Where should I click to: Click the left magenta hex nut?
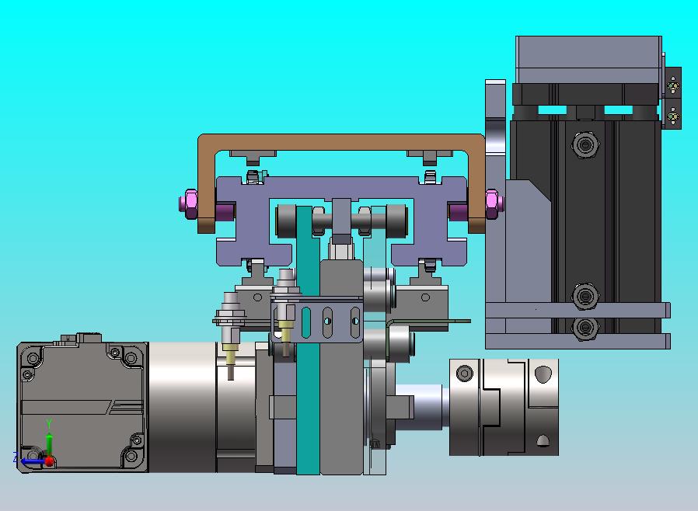coord(190,204)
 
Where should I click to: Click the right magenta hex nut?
coord(492,204)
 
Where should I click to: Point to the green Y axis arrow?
coord(50,443)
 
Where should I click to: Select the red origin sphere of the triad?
coord(50,461)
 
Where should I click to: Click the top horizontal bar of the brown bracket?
coord(341,142)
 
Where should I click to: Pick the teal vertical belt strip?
coord(308,340)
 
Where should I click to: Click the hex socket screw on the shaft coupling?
coord(465,373)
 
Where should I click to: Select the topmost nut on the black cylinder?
coord(585,144)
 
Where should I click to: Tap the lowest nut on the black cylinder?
coord(585,328)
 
